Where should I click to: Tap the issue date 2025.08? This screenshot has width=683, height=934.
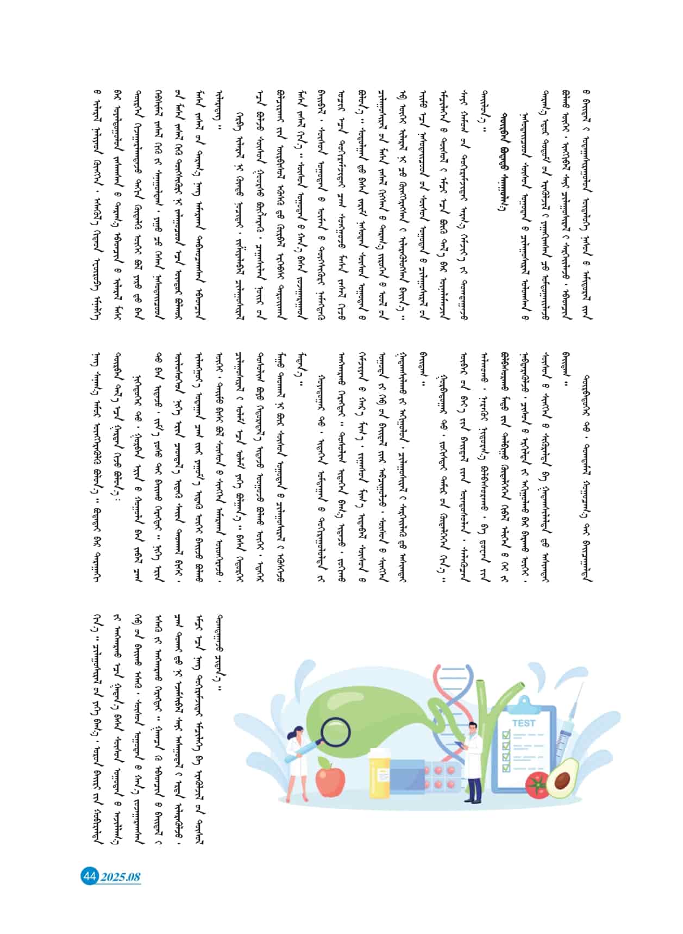point(121,877)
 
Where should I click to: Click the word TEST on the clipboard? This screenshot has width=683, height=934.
point(524,723)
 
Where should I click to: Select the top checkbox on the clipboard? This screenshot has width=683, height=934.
point(506,735)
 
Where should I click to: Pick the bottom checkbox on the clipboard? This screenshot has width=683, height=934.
point(506,767)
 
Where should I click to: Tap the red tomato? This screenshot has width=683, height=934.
point(537,786)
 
